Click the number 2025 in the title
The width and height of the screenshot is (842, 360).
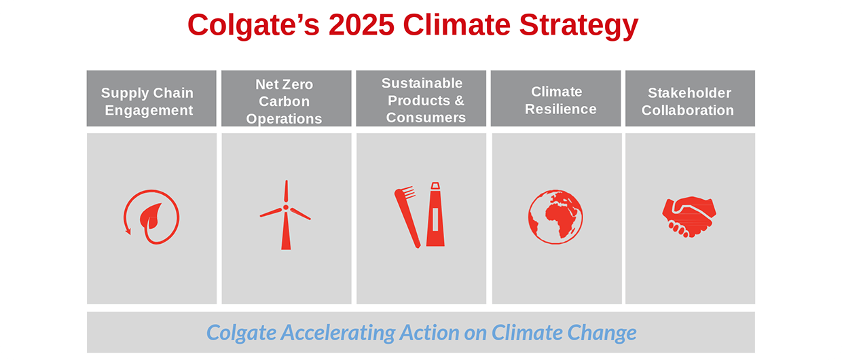click(x=361, y=25)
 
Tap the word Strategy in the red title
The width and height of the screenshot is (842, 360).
click(x=579, y=26)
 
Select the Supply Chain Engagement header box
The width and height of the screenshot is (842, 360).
click(x=151, y=98)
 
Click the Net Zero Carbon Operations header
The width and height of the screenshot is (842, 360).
click(x=286, y=98)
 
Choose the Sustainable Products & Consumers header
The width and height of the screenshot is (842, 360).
click(x=421, y=98)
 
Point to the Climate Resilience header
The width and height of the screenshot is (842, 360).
click(x=555, y=98)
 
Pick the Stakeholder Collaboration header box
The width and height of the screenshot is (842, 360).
click(x=690, y=98)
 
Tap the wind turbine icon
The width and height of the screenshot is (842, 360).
click(x=286, y=215)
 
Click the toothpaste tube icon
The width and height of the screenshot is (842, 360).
click(x=435, y=215)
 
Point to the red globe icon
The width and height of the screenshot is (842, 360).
click(x=555, y=217)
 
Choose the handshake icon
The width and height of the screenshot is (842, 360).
click(x=689, y=217)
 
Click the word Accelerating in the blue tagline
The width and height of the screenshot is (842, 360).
click(x=338, y=334)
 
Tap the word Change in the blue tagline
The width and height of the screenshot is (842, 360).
click(x=602, y=334)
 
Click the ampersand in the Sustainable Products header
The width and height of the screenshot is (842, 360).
click(x=459, y=101)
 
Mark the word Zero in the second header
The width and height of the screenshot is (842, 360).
click(x=299, y=84)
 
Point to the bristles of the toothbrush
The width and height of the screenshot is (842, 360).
click(x=409, y=192)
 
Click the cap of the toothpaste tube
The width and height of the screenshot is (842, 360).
click(x=435, y=186)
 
